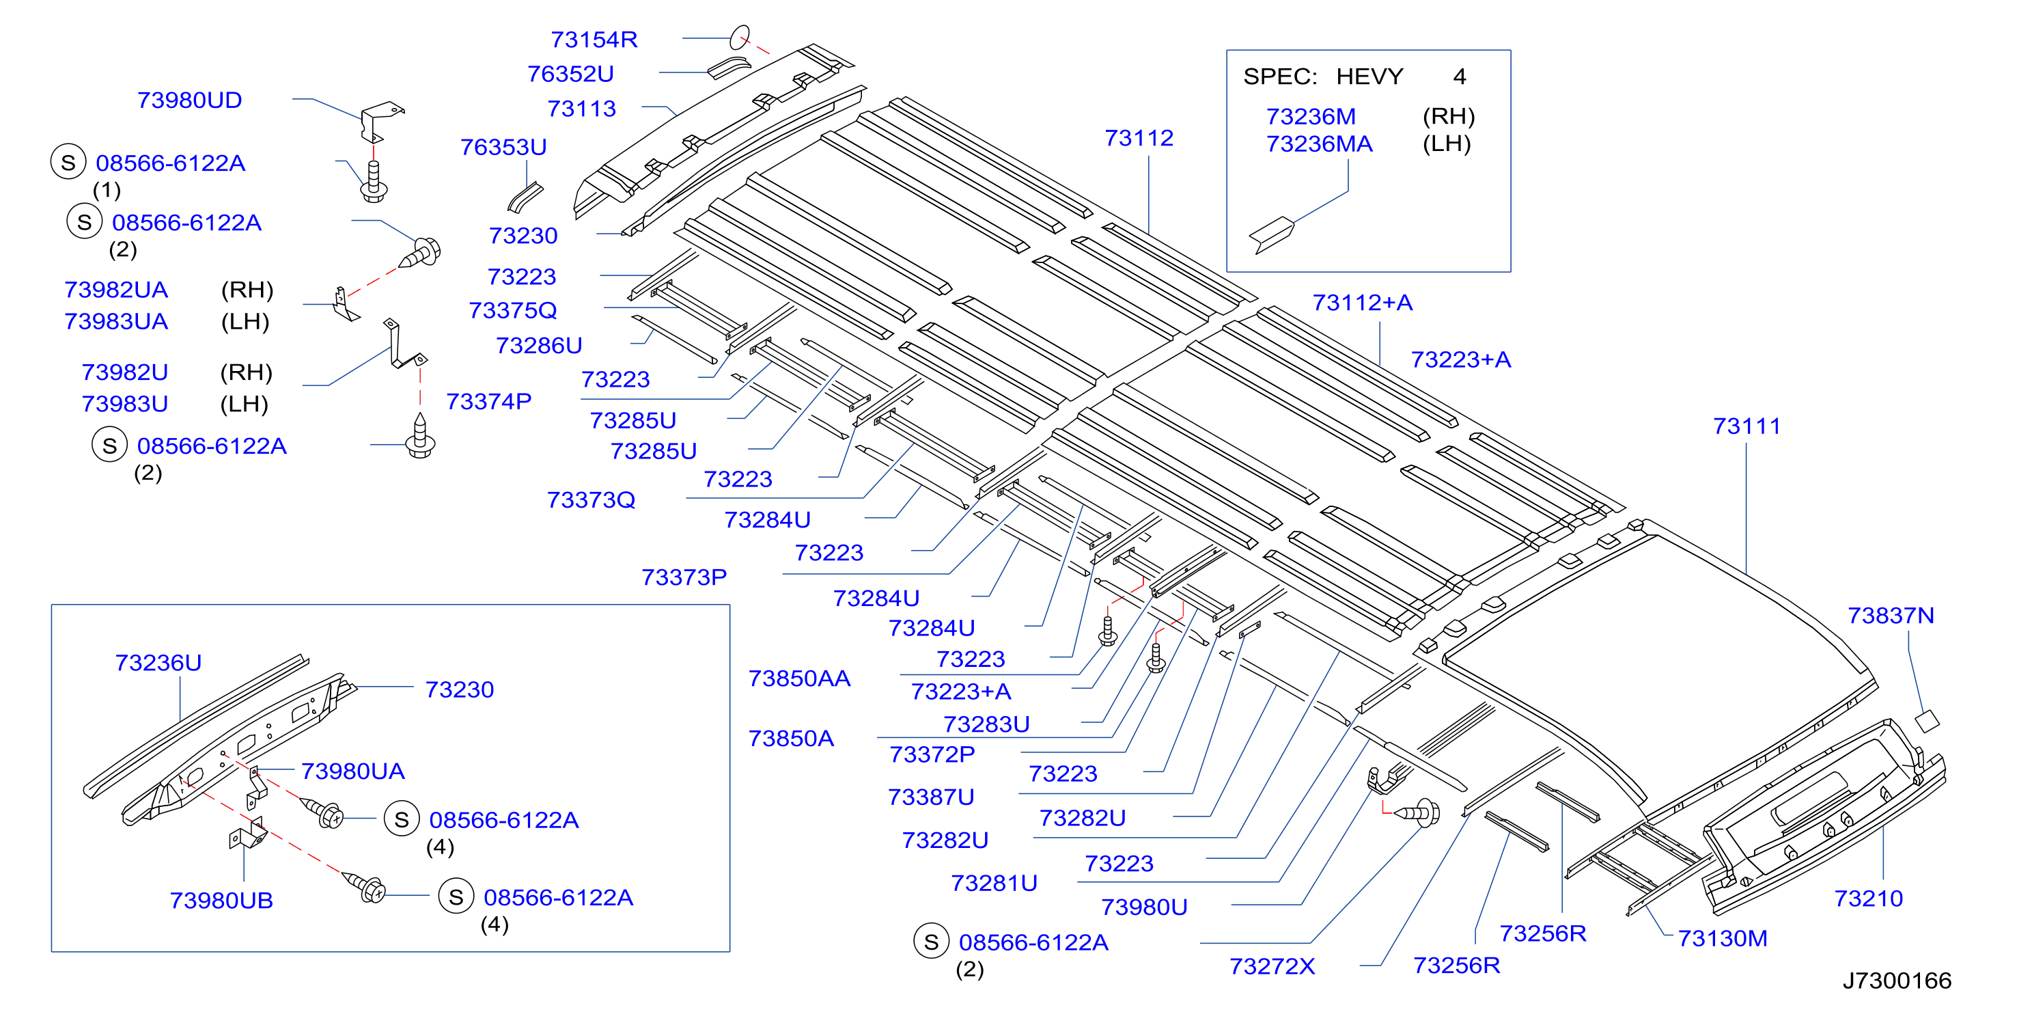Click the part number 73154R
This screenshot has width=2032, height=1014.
click(x=594, y=39)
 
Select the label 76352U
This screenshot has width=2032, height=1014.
click(x=570, y=73)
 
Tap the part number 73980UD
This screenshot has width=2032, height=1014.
click(x=189, y=100)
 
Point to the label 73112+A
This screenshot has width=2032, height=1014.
click(x=1362, y=302)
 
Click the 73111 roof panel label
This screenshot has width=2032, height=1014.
click(x=1746, y=426)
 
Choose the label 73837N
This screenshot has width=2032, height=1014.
click(x=1891, y=616)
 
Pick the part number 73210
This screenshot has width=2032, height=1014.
click(x=1868, y=898)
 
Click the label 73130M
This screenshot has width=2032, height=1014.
click(x=1722, y=938)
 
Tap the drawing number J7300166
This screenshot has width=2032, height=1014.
click(x=1896, y=980)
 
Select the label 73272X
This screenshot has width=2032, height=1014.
click(x=1272, y=966)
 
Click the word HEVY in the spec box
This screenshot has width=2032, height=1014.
click(x=1369, y=77)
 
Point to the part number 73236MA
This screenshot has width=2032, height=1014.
click(x=1319, y=143)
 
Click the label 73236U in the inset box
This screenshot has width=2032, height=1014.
click(x=158, y=662)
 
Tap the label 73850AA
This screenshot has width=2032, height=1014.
click(x=799, y=679)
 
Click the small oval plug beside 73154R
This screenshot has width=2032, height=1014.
click(x=739, y=37)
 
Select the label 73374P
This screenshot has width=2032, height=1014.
click(x=488, y=402)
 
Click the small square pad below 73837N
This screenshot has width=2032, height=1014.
click(x=1927, y=720)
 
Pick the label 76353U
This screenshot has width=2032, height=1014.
click(x=503, y=147)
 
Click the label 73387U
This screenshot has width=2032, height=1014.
click(x=931, y=797)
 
